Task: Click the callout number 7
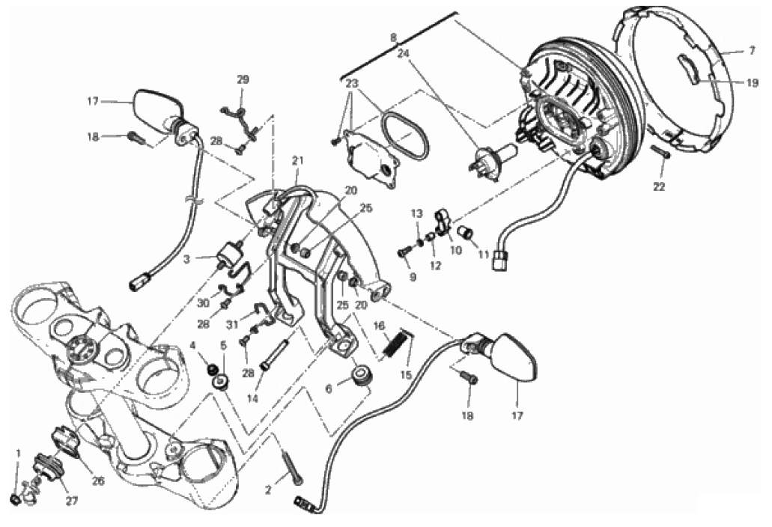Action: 751,51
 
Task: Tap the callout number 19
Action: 753,83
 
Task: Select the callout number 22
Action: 659,187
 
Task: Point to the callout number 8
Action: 393,37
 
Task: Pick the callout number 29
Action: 243,79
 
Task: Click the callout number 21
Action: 297,160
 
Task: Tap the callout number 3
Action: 186,258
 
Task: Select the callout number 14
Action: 252,399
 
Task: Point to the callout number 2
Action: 268,490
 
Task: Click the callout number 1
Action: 19,452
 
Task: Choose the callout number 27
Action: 72,501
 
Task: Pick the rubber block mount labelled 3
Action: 230,254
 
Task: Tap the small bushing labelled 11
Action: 466,232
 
